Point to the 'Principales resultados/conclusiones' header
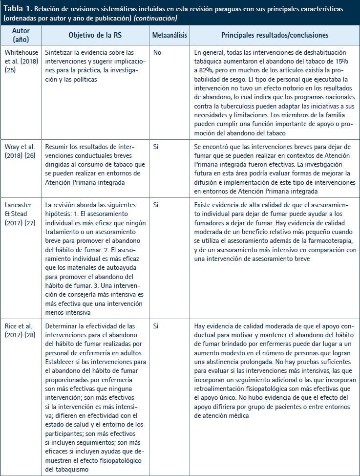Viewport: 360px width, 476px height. point(275,35)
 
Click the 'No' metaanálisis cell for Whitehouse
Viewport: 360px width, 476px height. point(157,52)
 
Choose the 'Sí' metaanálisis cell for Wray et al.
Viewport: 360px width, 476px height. point(156,146)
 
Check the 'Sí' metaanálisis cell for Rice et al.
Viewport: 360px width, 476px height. point(156,325)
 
